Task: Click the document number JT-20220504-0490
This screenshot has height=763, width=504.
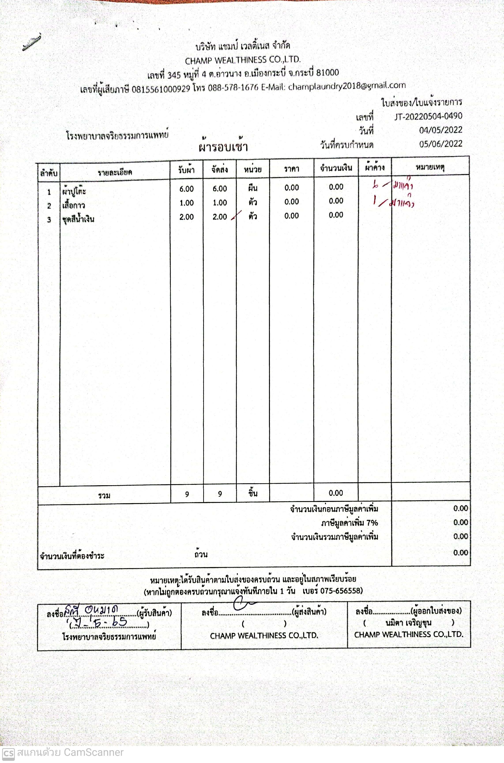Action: (428, 116)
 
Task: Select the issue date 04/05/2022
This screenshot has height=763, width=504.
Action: (440, 130)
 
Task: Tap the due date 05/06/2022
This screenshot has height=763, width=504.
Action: (440, 144)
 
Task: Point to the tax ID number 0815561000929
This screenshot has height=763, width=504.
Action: (161, 89)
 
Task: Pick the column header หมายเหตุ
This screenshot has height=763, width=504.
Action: (430, 167)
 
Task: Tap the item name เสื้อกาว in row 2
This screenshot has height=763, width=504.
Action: (74, 205)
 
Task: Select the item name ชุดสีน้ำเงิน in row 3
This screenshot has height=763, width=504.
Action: (78, 219)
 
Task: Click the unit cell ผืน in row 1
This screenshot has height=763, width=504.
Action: (253, 188)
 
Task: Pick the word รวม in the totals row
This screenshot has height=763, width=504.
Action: (104, 496)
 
